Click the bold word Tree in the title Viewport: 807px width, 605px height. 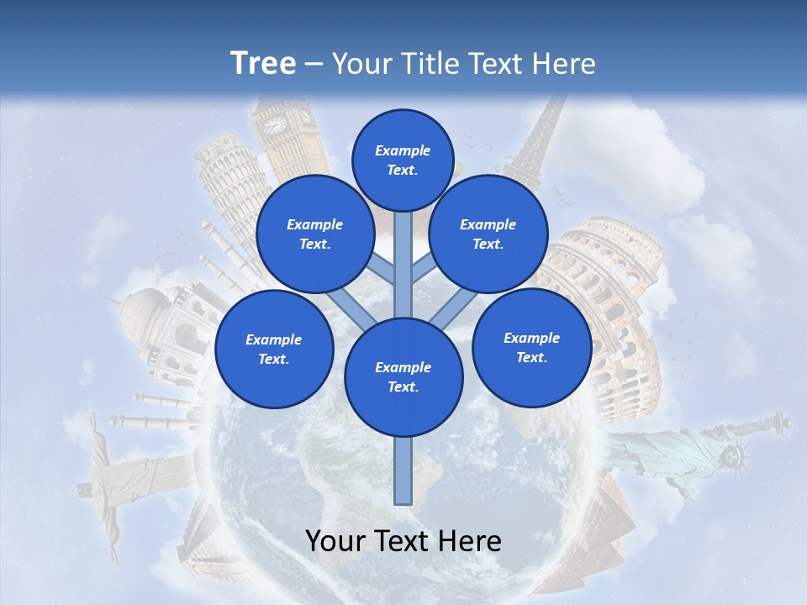263,63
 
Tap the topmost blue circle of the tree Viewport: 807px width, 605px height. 403,160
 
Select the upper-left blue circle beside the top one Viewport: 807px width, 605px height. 314,234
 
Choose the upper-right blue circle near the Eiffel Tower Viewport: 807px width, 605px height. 488,234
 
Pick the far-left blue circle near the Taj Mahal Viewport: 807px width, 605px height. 273,350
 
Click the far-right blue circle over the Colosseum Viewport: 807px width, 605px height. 531,348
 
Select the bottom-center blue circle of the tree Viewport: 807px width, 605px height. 403,377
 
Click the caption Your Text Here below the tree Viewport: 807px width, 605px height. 403,541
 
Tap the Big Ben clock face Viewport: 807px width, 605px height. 275,125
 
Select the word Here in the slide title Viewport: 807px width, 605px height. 566,64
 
